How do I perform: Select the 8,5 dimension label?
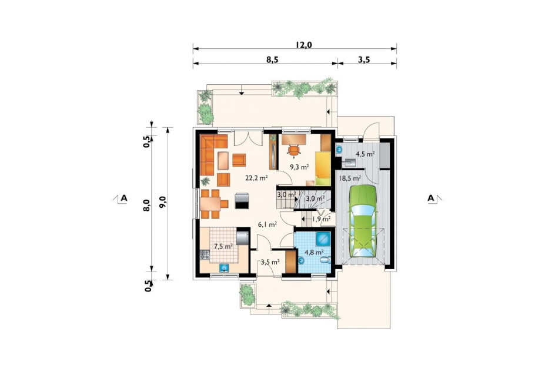273,59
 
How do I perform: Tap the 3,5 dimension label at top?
363,59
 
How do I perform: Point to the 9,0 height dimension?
163,204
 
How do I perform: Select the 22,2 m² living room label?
256,178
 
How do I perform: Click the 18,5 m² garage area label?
350,178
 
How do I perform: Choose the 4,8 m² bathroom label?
315,252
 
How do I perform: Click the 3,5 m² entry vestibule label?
270,263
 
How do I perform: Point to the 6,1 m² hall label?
267,224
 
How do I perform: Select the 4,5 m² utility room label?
365,154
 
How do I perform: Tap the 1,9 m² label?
321,219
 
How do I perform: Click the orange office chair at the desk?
294,150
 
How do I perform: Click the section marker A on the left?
123,198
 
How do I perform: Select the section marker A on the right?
431,198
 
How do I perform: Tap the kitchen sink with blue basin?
223,268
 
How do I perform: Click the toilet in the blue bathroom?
325,261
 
